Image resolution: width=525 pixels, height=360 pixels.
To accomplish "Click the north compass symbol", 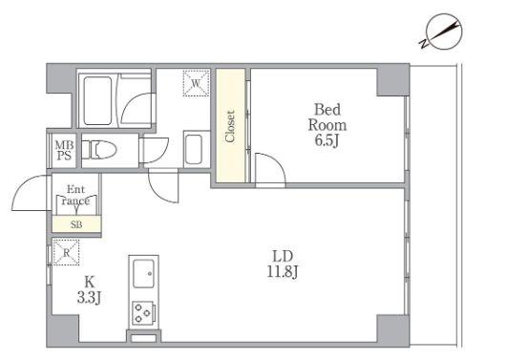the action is coord(442,32).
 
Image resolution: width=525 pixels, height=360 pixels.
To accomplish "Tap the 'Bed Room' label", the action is coord(327,117).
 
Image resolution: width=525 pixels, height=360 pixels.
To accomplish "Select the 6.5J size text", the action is coord(326,140).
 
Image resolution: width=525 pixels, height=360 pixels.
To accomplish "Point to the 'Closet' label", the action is coord(230,126).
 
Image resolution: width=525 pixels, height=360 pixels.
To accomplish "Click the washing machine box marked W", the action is coord(197,83).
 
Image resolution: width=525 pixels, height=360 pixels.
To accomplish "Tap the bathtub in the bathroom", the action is coord(97,100).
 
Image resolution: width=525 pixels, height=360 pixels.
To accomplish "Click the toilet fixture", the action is coord(98,150).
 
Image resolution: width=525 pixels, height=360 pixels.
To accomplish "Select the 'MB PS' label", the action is coord(64,150).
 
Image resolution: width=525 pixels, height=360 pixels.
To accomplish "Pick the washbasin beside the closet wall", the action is coord(194,149).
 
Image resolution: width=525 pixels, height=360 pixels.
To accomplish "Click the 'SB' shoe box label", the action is coord(76,224).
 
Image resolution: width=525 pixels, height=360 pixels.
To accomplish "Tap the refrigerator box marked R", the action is coord(66,252).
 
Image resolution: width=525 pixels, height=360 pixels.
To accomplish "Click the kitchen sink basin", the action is coord(143,273).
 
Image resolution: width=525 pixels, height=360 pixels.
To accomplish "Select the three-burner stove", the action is coord(143,313).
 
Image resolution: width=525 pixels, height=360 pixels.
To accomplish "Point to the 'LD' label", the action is coord(283,257).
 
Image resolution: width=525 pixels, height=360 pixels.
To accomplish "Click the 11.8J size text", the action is coord(283,271).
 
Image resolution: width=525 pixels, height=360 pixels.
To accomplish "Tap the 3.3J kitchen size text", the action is coord(89,297).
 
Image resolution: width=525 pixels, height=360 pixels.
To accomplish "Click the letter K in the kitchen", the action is coord(89,283).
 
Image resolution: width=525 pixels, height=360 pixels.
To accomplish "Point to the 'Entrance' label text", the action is coord(76,195).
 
